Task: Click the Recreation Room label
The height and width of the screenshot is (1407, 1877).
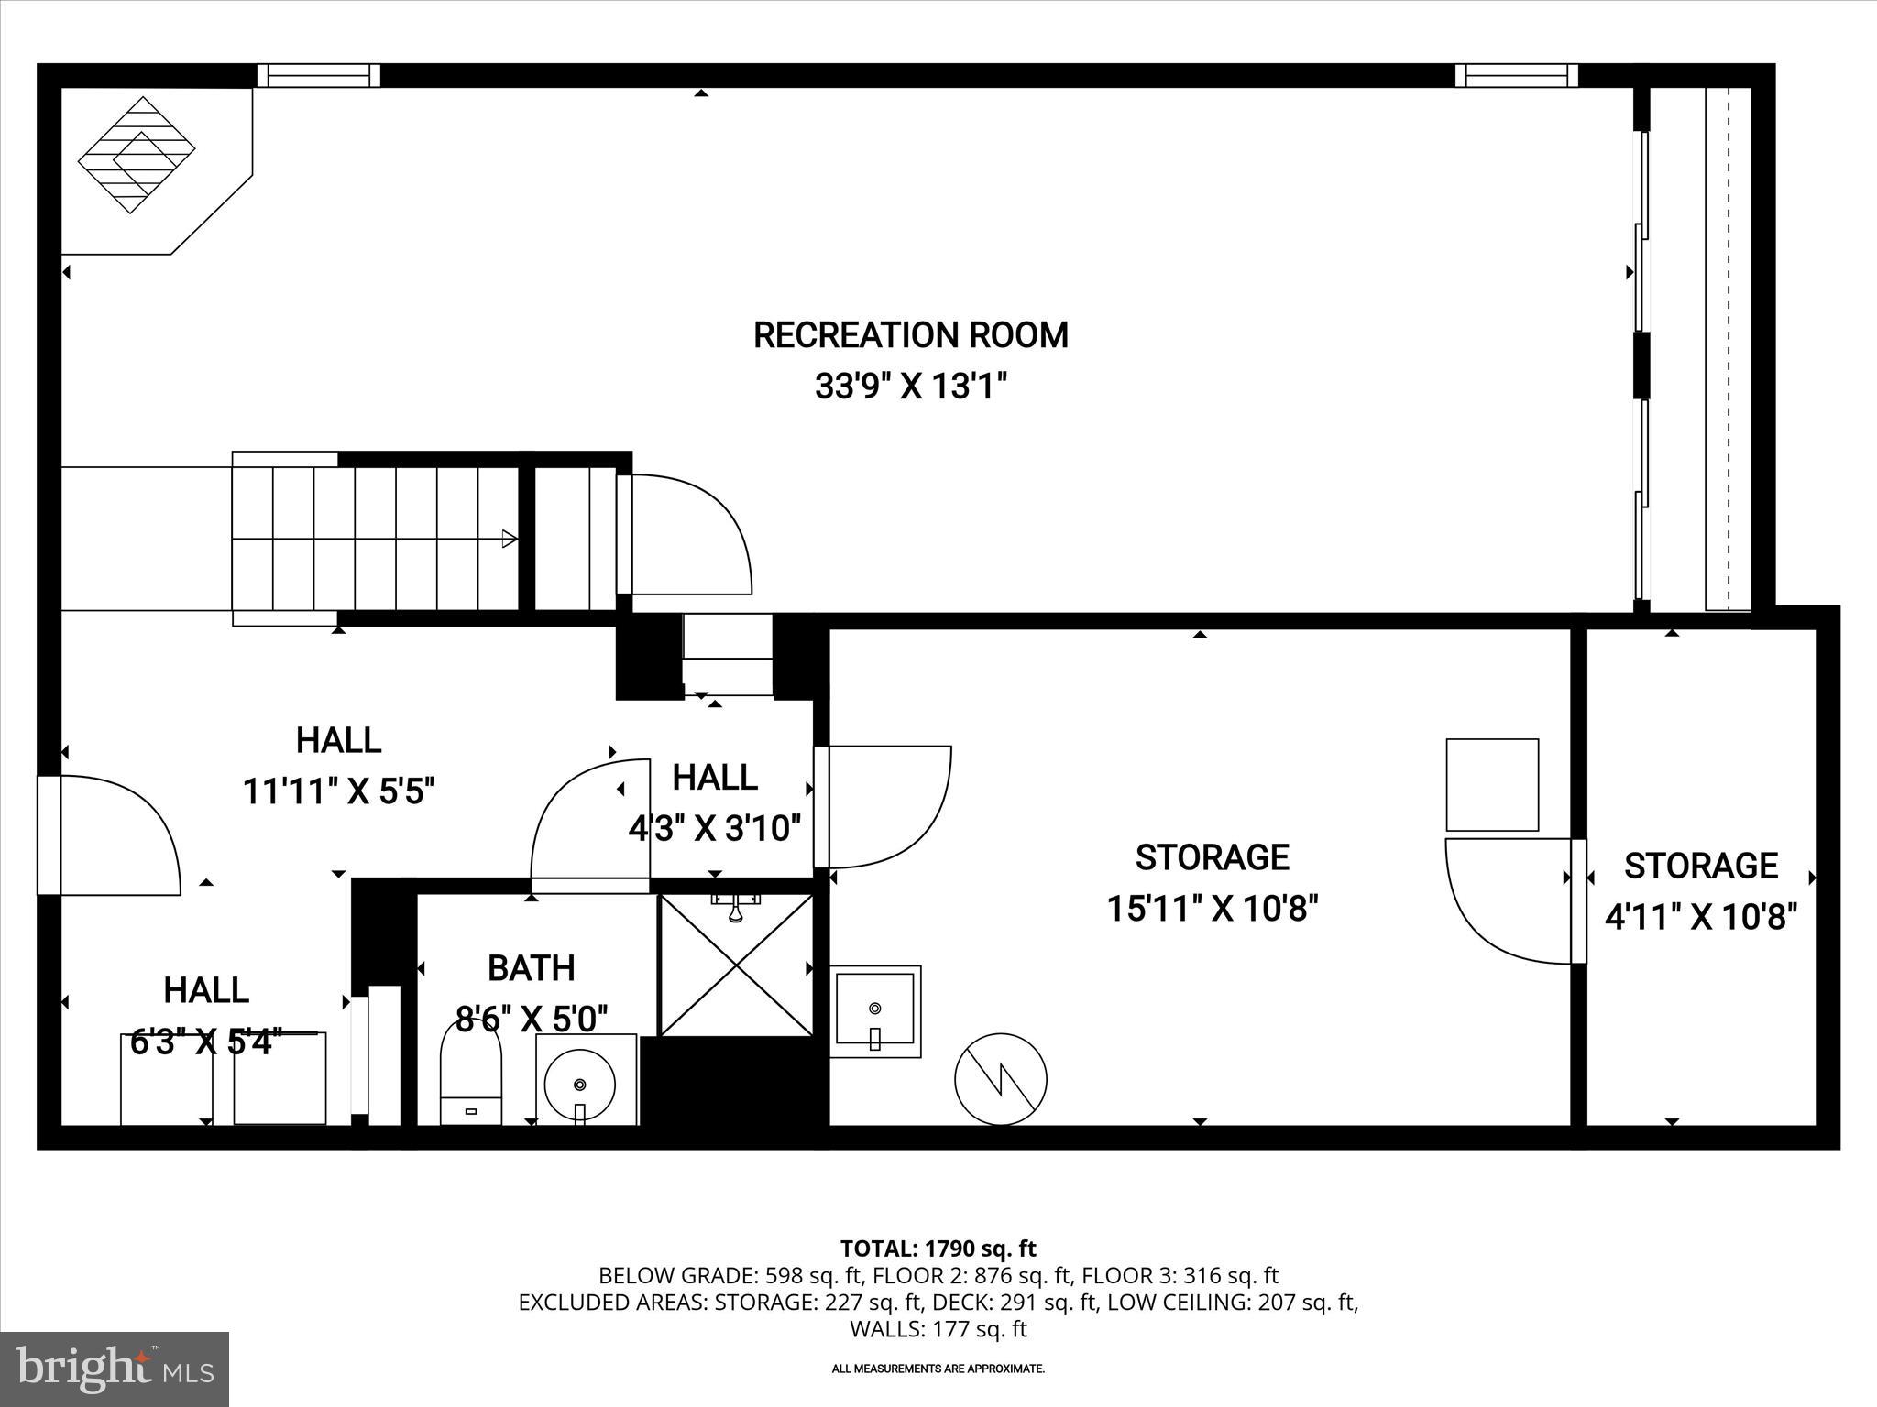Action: click(x=910, y=335)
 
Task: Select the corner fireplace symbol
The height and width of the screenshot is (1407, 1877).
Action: click(x=137, y=155)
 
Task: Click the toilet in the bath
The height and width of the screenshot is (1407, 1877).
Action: click(x=471, y=1072)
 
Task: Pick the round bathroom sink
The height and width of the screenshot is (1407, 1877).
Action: click(x=579, y=1084)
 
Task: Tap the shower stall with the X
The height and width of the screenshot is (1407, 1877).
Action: click(x=736, y=965)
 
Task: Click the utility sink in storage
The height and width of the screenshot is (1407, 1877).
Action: click(x=875, y=1011)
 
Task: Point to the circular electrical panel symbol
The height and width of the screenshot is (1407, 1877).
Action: click(x=1001, y=1078)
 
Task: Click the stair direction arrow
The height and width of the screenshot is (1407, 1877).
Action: click(x=508, y=539)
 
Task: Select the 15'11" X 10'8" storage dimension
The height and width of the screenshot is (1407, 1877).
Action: click(x=1212, y=909)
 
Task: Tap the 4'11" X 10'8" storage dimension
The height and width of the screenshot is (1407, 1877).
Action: click(x=1700, y=916)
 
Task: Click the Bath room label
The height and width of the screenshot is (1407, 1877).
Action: click(x=531, y=967)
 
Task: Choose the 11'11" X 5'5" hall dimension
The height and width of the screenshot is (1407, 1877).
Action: click(x=338, y=791)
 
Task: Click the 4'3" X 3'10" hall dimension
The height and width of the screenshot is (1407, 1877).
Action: click(x=714, y=829)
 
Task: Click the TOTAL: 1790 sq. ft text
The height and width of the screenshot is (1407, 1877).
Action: click(x=938, y=1249)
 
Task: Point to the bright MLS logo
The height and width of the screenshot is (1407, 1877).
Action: click(x=115, y=1369)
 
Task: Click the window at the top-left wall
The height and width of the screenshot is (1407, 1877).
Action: click(x=318, y=75)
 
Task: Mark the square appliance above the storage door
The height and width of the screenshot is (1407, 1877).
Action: click(x=1491, y=785)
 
